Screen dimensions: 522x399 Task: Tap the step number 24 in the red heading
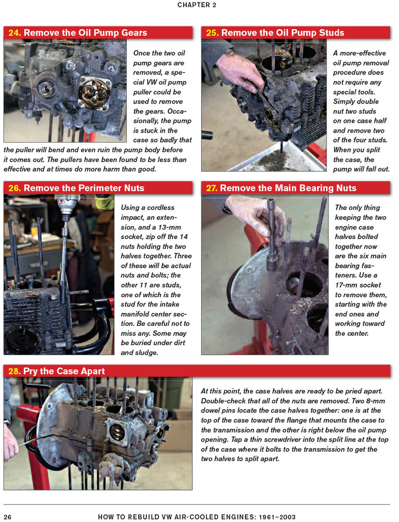[x=14, y=33]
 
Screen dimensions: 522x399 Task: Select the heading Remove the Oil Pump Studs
[x=282, y=33]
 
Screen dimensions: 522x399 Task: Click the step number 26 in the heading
[x=14, y=188]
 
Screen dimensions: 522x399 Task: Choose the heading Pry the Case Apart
[x=64, y=371]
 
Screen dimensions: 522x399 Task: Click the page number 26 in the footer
[x=7, y=516]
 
